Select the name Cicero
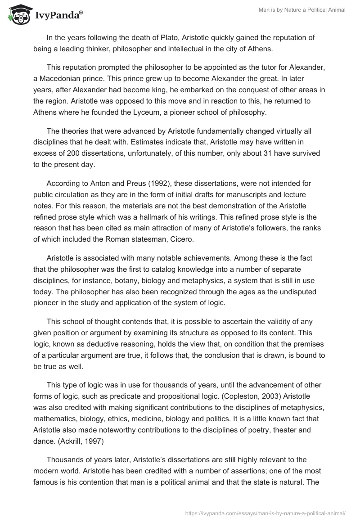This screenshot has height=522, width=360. coord(180,239)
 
